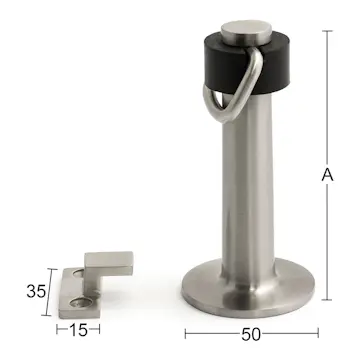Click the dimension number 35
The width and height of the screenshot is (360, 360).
pyautogui.click(x=35, y=292)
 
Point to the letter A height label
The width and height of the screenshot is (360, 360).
pyautogui.click(x=326, y=175)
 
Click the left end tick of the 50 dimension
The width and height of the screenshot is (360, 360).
pyautogui.click(x=186, y=333)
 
